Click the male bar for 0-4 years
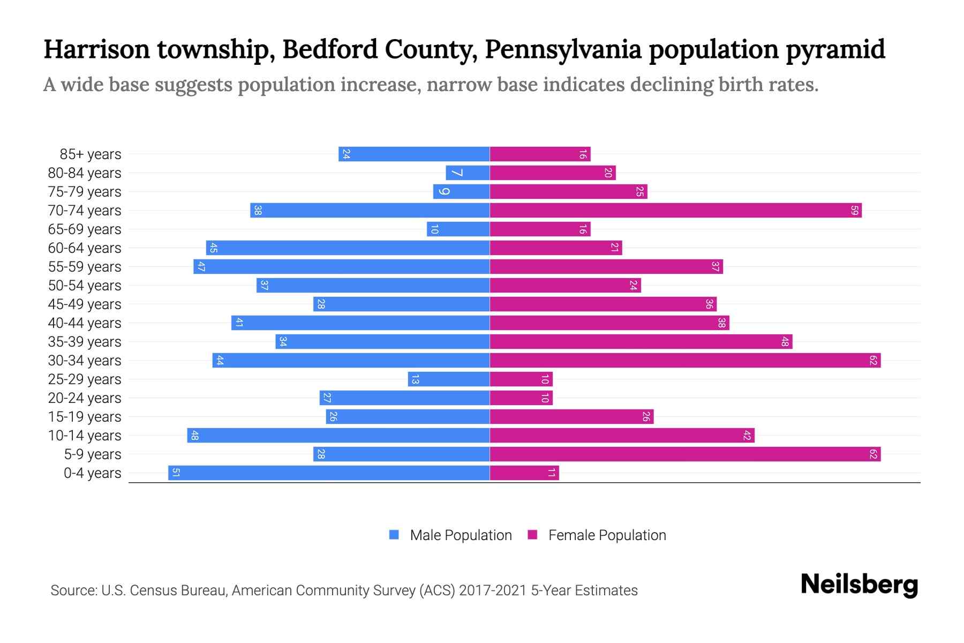pyautogui.click(x=329, y=473)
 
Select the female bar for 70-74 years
pyautogui.click(x=675, y=210)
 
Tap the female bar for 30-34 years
pyautogui.click(x=685, y=360)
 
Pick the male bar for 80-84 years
pyautogui.click(x=468, y=173)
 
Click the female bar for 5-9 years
pyautogui.click(x=685, y=454)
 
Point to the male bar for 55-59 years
pyautogui.click(x=342, y=266)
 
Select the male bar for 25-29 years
pyautogui.click(x=449, y=379)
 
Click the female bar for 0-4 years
pyautogui.click(x=524, y=473)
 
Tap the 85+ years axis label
pyautogui.click(x=90, y=154)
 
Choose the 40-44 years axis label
pyautogui.click(x=85, y=323)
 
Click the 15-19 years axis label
pyautogui.click(x=85, y=417)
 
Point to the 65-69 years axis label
pyautogui.click(x=85, y=229)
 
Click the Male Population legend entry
pyautogui.click(x=461, y=535)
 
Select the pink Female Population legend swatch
pyautogui.click(x=532, y=535)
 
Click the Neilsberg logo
pyautogui.click(x=859, y=585)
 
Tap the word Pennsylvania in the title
pyautogui.click(x=563, y=49)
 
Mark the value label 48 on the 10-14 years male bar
pyautogui.click(x=194, y=435)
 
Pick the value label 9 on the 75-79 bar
pyautogui.click(x=444, y=191)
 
